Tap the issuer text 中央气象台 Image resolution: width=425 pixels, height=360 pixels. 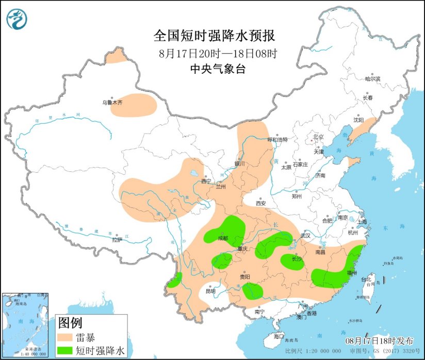coord(218,70)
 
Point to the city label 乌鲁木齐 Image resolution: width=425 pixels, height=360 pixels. coord(112,103)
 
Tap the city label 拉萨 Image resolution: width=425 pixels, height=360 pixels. coord(117,239)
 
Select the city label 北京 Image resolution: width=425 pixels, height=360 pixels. coord(318,137)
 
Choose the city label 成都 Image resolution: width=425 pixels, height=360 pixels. coord(222,238)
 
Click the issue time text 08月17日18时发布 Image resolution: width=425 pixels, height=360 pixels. coord(379,341)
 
